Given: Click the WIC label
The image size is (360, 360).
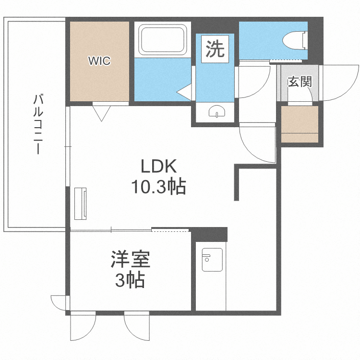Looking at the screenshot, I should pos(99,61).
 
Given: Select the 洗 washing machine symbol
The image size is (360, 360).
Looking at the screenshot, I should pos(215,49).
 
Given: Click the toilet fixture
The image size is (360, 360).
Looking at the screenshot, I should pos(295,39).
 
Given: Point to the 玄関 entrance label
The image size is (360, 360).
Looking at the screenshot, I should pos(300,81).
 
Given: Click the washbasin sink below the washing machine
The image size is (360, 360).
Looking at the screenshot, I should pos(217,112).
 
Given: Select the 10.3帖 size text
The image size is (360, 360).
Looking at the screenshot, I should pos(159,187).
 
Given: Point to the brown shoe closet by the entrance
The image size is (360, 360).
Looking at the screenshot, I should pos(300,124).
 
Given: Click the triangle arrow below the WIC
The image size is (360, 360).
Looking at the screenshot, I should pos(101,113).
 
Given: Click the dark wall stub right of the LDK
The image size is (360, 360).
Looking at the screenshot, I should pos(237,182).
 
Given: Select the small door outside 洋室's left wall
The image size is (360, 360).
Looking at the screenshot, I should pos(60,303).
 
